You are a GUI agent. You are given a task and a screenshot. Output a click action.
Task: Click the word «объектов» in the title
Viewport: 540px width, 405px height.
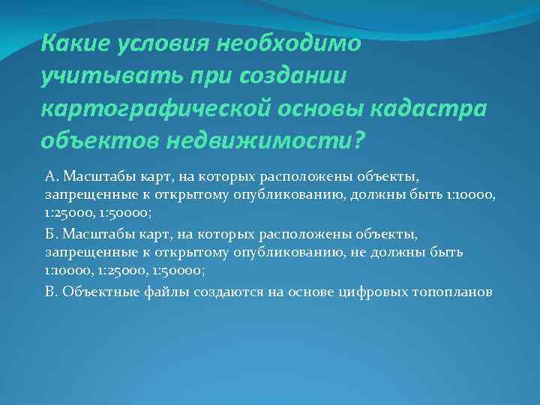(97, 140)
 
